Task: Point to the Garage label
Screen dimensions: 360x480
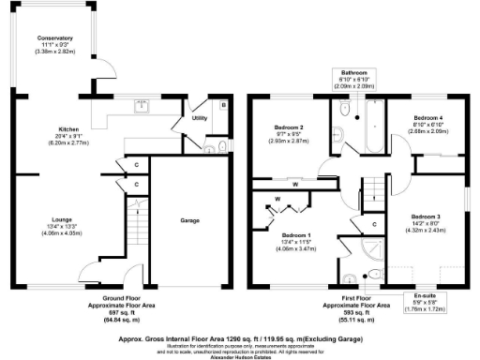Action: (x=190, y=222)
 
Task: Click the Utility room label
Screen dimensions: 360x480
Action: (x=200, y=118)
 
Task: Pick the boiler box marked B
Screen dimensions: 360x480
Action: (x=221, y=106)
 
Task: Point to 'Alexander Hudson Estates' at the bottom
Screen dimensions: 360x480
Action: (x=242, y=355)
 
